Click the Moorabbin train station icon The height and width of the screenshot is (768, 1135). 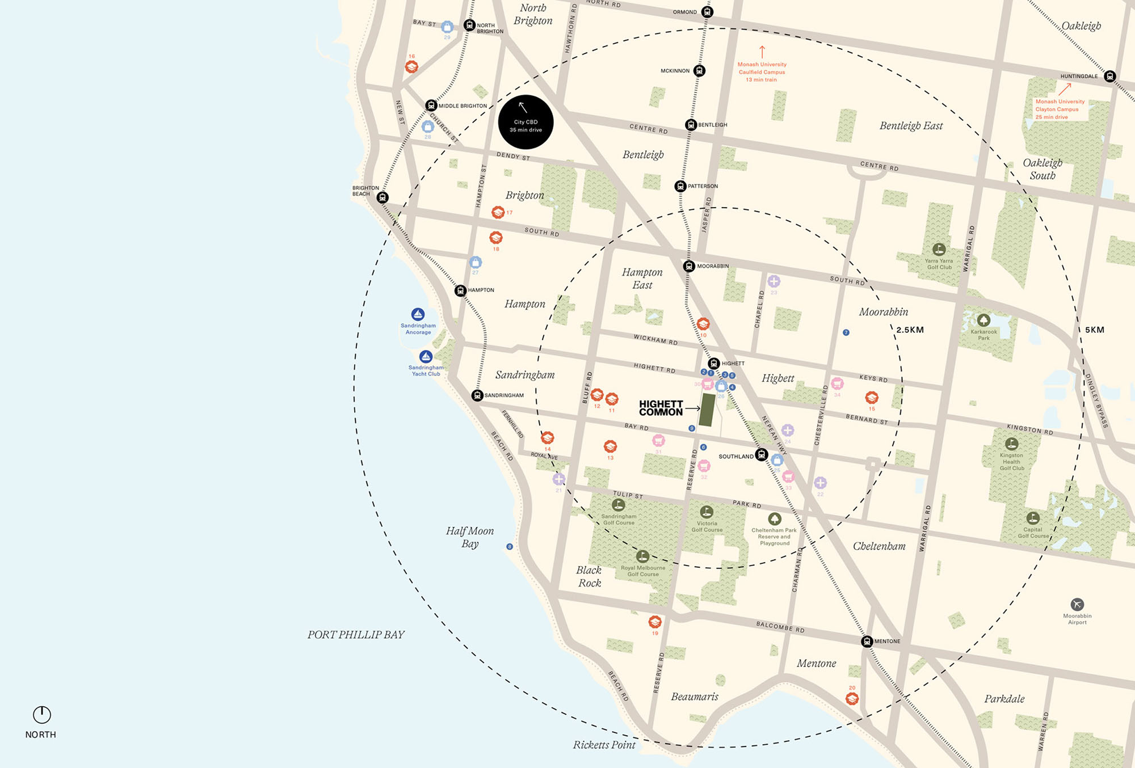pyautogui.click(x=689, y=266)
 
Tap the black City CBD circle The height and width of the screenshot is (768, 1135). pyautogui.click(x=526, y=122)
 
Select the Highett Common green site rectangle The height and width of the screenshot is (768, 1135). pyautogui.click(x=707, y=410)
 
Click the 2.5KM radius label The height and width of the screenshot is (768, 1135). pyautogui.click(x=910, y=330)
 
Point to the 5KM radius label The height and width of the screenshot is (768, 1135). pyautogui.click(x=1094, y=330)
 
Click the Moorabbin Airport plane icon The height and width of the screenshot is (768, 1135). pyautogui.click(x=1077, y=604)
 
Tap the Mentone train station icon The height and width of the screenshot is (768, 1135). pyautogui.click(x=867, y=642)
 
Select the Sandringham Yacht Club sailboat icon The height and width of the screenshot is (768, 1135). pyautogui.click(x=426, y=357)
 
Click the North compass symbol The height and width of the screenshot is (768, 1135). pyautogui.click(x=42, y=715)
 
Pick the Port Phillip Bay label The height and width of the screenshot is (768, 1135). pyautogui.click(x=356, y=635)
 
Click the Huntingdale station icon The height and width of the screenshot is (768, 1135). pyautogui.click(x=1110, y=76)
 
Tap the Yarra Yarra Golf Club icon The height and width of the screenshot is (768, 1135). pyautogui.click(x=939, y=249)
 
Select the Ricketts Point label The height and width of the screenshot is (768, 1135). pyautogui.click(x=604, y=745)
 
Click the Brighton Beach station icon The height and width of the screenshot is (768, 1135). pyautogui.click(x=383, y=197)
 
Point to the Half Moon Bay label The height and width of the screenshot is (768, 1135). pyautogui.click(x=470, y=537)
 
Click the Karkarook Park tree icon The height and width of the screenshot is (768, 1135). pyautogui.click(x=983, y=320)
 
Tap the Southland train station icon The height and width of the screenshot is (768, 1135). pyautogui.click(x=762, y=455)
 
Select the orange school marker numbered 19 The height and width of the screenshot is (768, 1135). pyautogui.click(x=655, y=622)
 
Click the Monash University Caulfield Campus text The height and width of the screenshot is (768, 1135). pyautogui.click(x=762, y=72)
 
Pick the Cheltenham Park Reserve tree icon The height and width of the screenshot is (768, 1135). pyautogui.click(x=774, y=519)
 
